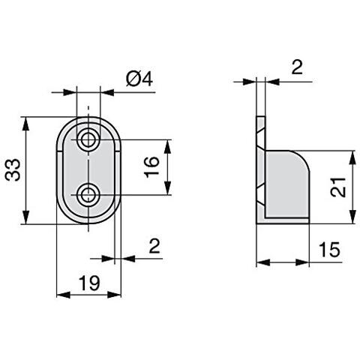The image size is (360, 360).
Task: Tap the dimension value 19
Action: (x=90, y=283)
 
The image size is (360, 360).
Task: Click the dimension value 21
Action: (x=338, y=187)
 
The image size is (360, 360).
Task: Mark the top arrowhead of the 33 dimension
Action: (x=28, y=121)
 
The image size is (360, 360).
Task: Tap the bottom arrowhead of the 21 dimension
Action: (x=352, y=218)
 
